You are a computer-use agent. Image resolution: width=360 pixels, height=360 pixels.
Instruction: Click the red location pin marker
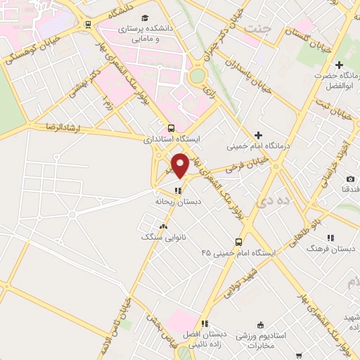[181, 165]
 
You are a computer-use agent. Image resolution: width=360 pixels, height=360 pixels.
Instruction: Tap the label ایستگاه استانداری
[172, 139]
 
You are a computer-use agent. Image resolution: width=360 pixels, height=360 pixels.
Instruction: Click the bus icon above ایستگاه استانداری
[172, 128]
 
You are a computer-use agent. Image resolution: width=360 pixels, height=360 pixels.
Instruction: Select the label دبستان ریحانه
[178, 201]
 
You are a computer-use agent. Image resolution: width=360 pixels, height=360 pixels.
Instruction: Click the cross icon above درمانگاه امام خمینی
[258, 135]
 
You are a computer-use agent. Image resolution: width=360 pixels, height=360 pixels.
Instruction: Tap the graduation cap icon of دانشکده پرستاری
[145, 18]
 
